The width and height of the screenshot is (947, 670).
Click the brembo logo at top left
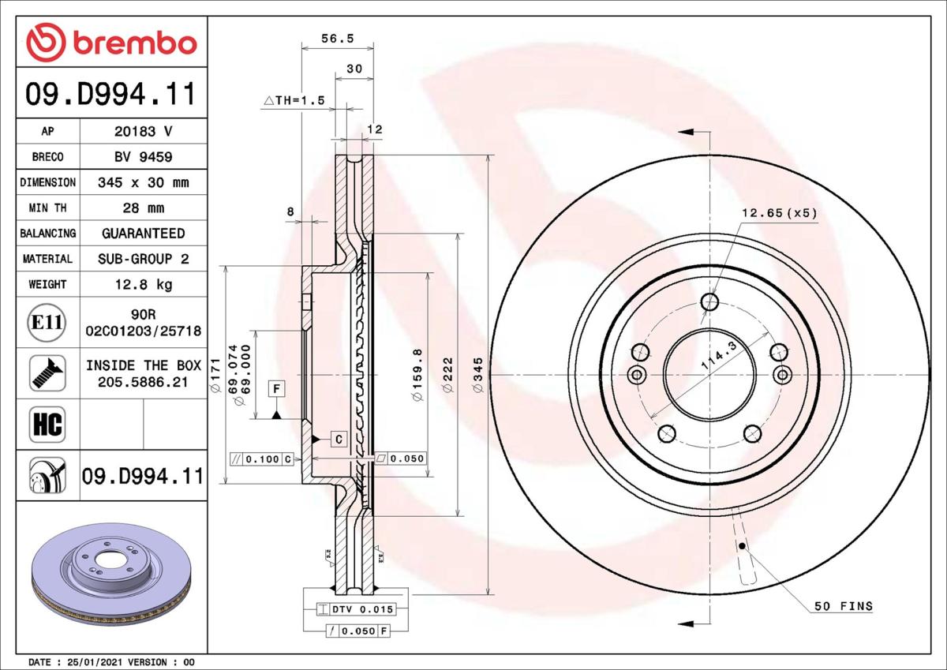(111, 42)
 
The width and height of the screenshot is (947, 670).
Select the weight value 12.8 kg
(144, 284)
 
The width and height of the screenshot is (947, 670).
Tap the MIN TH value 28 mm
(144, 208)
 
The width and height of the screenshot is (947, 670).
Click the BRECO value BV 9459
(144, 157)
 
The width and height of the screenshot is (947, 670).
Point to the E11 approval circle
(47, 323)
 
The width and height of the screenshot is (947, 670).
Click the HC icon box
(47, 425)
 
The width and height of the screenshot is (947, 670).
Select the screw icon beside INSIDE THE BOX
(47, 373)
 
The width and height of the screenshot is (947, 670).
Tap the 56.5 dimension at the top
(338, 39)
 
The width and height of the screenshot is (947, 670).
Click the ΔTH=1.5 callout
(294, 100)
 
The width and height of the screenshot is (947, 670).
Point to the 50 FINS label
(844, 606)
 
